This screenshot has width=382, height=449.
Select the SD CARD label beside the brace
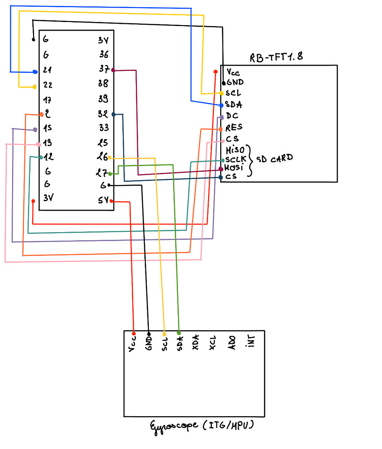tap(275, 158)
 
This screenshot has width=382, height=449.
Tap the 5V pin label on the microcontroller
tap(103, 201)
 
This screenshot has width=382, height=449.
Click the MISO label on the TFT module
tap(236, 149)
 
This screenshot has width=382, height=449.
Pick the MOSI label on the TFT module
tap(234, 167)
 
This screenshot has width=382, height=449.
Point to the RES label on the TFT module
tap(234, 128)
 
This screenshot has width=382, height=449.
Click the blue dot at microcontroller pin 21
tap(35, 72)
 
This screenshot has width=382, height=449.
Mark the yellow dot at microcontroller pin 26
tap(110, 158)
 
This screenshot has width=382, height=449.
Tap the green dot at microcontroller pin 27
tap(110, 173)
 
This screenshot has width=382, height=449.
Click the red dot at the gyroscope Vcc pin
tap(134, 333)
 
